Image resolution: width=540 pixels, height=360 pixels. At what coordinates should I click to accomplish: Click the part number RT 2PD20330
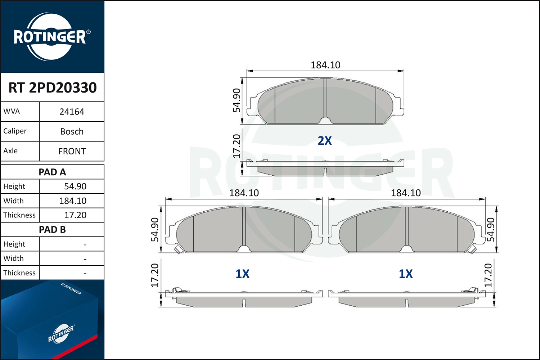[53, 87]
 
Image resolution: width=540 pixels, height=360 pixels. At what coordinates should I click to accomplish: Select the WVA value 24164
[72, 112]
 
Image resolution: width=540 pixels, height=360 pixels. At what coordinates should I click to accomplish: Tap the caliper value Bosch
[72, 131]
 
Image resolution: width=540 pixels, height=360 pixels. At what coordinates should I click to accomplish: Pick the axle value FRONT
[72, 151]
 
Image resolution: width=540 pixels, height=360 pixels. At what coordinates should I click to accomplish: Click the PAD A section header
[52, 172]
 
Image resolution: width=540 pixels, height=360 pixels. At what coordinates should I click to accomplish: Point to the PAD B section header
[52, 230]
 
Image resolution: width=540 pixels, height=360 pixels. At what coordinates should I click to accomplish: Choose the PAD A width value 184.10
[73, 201]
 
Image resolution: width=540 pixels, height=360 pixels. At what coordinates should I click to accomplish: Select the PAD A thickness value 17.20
[75, 215]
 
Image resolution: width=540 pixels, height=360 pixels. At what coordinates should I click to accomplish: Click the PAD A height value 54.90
[75, 186]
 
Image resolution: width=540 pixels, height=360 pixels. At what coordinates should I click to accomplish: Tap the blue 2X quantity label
[325, 140]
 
